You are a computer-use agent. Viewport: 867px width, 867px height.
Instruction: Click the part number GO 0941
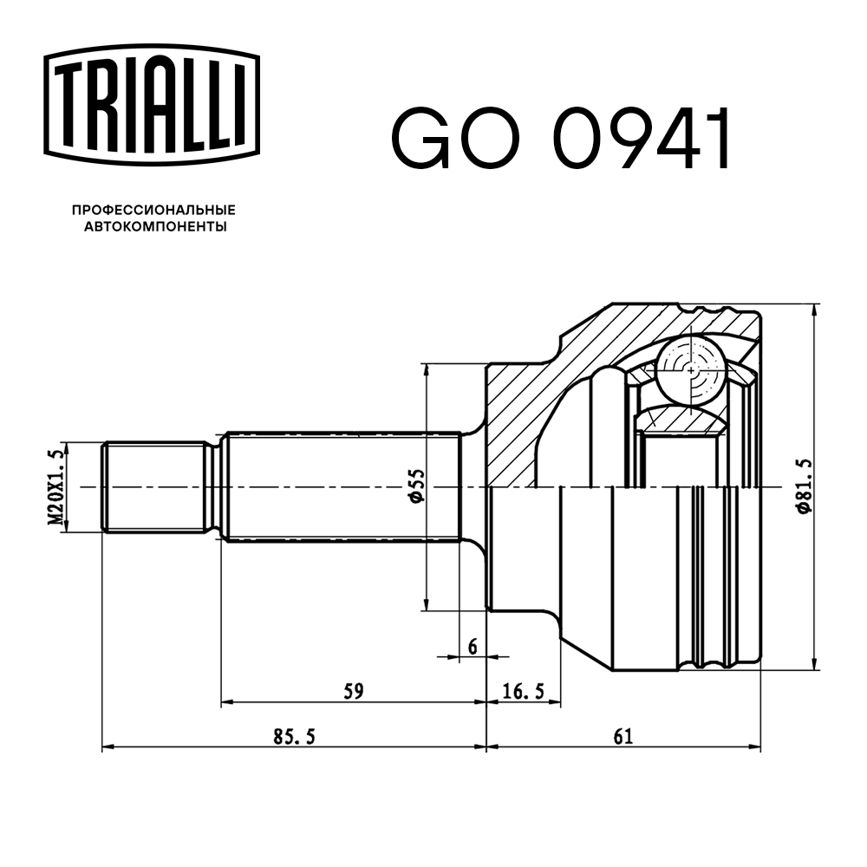tap(562, 138)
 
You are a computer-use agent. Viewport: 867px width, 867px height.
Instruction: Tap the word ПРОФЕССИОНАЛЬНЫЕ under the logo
tap(153, 211)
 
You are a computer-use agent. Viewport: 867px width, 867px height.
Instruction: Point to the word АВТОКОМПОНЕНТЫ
tap(154, 227)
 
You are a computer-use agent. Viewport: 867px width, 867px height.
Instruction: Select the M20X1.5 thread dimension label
tap(55, 488)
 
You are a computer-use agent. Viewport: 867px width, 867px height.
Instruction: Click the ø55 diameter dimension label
tap(414, 487)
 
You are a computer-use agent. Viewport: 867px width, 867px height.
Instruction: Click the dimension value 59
tap(352, 691)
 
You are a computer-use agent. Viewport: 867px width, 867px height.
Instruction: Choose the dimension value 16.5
tap(523, 691)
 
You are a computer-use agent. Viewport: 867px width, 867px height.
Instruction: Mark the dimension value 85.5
tap(293, 736)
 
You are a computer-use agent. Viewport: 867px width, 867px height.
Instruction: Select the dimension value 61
tap(623, 736)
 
